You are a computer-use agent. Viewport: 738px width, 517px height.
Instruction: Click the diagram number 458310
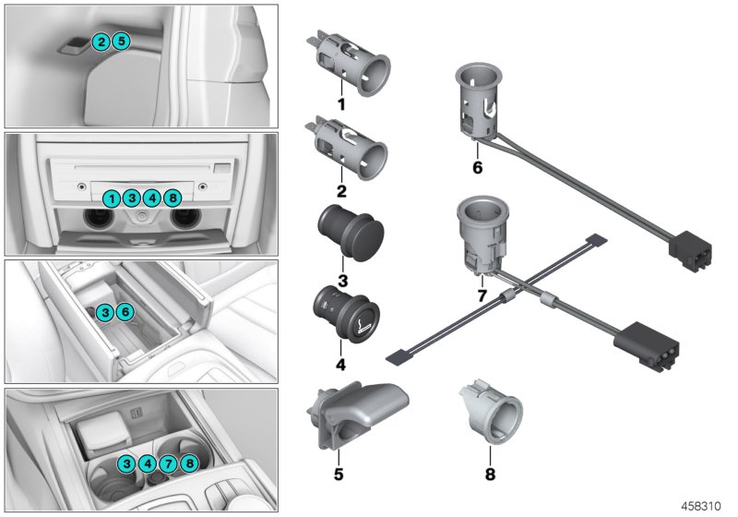click(x=704, y=506)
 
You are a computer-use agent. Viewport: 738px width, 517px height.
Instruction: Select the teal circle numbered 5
click(x=122, y=41)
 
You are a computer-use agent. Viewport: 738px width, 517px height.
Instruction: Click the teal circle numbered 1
click(x=111, y=198)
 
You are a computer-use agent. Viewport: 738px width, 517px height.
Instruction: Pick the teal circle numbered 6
click(x=125, y=313)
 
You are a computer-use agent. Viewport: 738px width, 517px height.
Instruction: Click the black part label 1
click(x=340, y=105)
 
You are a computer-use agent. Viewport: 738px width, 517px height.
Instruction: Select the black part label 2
click(x=340, y=191)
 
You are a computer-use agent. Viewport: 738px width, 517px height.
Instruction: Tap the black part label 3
click(x=340, y=279)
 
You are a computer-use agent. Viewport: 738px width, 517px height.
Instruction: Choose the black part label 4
click(x=340, y=365)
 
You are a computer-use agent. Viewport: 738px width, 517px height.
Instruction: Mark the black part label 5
click(x=339, y=475)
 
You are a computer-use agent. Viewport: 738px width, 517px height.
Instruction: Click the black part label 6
click(x=476, y=169)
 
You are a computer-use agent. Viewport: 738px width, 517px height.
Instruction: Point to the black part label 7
click(x=480, y=295)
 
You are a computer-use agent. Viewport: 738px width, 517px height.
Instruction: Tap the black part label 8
click(x=490, y=475)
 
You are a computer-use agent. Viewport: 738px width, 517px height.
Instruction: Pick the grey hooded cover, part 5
click(x=355, y=413)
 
